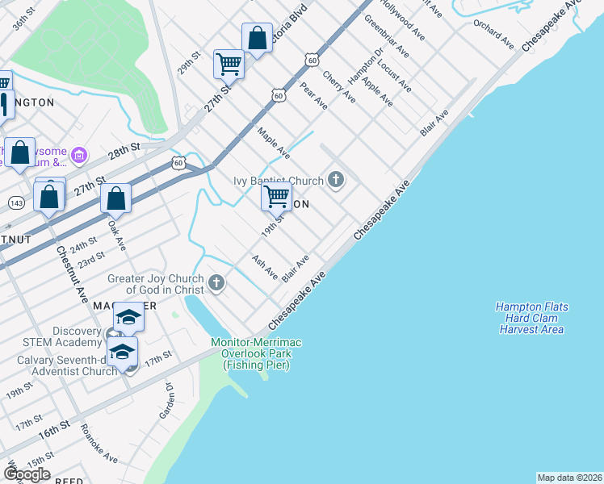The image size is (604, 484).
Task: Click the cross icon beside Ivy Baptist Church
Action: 336,181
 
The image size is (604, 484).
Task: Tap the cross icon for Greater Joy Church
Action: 216,282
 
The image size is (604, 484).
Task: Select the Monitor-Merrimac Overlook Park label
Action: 256,354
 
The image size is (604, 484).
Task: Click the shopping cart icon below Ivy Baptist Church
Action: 276,195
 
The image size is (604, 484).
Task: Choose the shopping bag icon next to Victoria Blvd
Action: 256,38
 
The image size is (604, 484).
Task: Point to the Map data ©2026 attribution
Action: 569,478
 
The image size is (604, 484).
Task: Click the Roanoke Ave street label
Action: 99,444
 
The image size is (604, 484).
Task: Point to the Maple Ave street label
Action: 273,141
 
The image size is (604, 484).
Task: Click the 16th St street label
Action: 54,433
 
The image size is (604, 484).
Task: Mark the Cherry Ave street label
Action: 338,86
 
